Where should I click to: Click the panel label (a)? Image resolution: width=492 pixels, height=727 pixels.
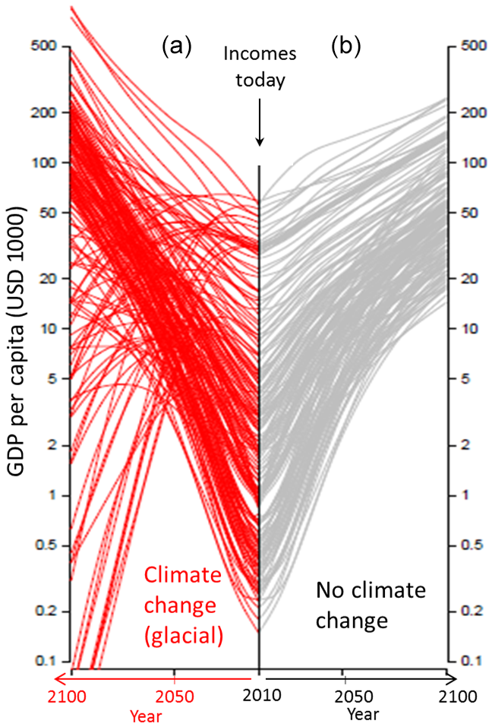pos(176,48)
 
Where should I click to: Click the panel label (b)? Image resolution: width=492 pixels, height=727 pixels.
pos(345,48)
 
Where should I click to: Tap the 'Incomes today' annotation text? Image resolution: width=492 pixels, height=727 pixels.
pos(259,67)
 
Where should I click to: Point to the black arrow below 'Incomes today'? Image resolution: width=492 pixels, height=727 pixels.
pos(260,122)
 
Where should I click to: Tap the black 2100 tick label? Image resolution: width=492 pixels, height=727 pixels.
pos(456,696)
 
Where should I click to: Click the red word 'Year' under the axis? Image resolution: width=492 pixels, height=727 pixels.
pos(146,716)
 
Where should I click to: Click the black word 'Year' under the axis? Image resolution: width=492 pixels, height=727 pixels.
pos(363,715)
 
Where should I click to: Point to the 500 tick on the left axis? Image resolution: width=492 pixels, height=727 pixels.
pos(46,46)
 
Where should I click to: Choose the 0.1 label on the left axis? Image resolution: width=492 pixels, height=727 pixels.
pos(47,661)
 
